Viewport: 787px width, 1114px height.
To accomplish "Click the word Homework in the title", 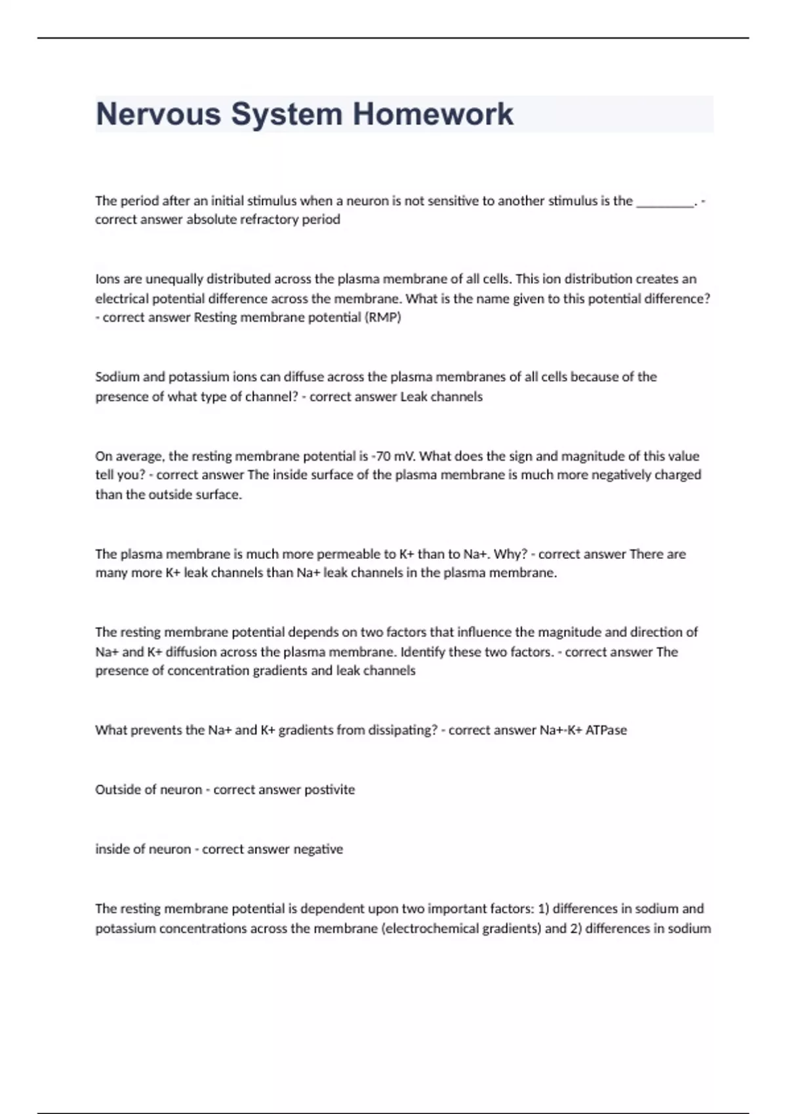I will [433, 114].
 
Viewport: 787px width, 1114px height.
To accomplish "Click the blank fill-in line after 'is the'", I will [665, 202].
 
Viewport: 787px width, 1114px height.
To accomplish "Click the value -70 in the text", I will [380, 456].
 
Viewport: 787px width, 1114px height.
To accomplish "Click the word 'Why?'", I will [510, 554].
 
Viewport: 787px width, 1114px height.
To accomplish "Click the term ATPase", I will [606, 730].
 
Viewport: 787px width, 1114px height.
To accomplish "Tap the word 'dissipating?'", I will [401, 730].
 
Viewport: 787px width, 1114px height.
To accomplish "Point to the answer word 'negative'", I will [318, 849].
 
